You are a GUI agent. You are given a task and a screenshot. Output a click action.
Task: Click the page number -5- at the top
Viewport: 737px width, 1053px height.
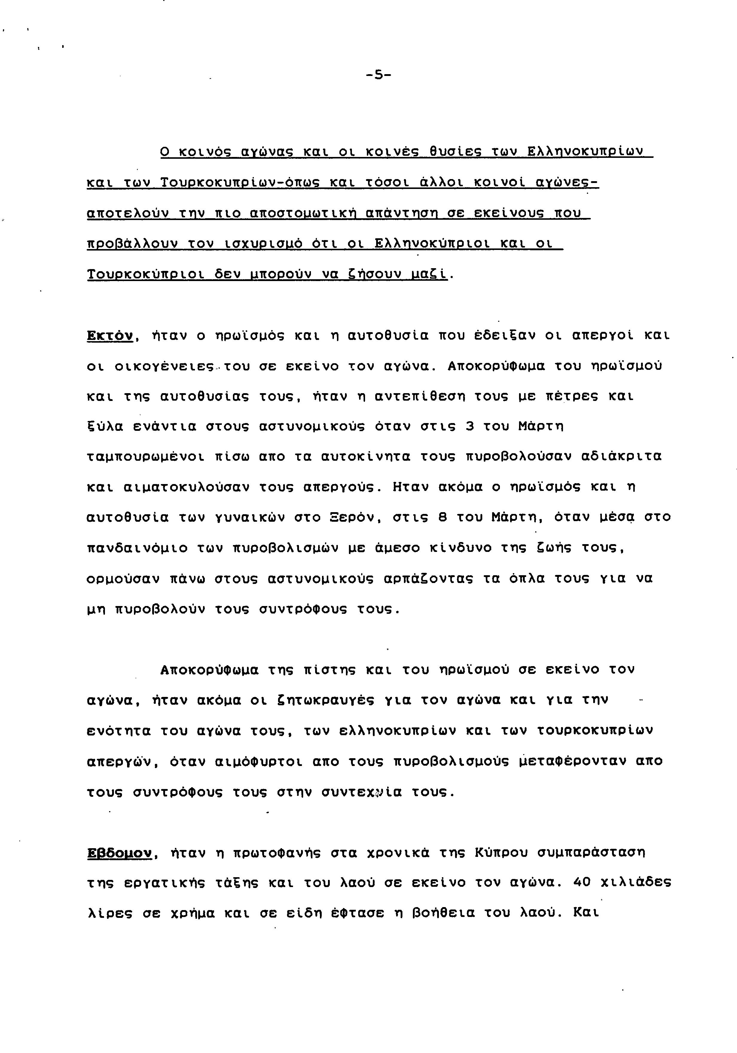click(x=378, y=74)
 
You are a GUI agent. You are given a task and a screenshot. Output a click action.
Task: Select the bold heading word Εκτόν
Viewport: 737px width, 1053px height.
click(x=110, y=336)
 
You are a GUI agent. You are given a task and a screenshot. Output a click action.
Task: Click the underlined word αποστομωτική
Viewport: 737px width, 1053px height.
click(x=305, y=214)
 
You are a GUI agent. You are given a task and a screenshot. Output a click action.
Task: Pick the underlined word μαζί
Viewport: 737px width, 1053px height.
click(x=430, y=275)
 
